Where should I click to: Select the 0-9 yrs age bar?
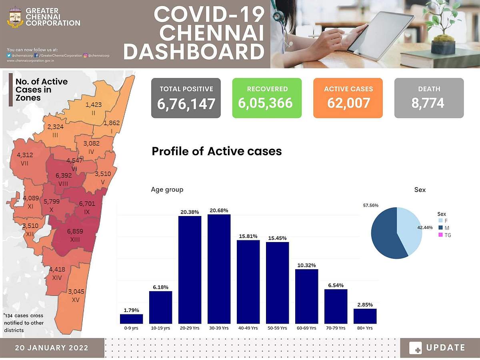click(131, 319)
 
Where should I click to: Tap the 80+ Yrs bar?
click(365, 316)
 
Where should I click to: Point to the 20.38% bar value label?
click(190, 212)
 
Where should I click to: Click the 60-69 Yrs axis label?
click(306, 328)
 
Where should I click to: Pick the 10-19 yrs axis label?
click(160, 328)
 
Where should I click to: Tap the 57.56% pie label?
click(371, 205)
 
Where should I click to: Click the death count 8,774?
click(428, 103)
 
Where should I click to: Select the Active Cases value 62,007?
click(348, 103)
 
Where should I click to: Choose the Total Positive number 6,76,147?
click(186, 104)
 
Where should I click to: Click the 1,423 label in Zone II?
click(94, 105)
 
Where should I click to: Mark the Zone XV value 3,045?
click(76, 291)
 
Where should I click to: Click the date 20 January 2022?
click(52, 348)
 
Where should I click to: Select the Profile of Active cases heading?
click(216, 151)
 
